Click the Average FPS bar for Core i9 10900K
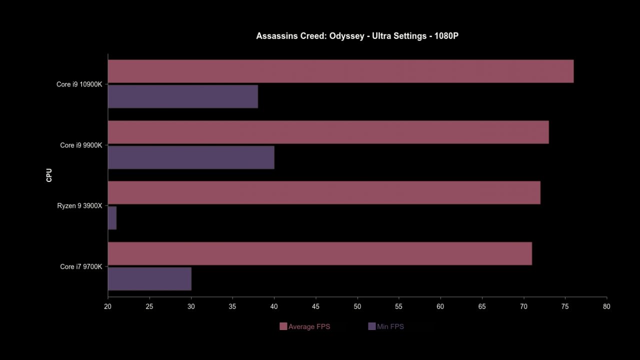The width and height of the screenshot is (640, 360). [x=340, y=71]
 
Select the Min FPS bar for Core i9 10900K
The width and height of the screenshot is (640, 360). [x=183, y=96]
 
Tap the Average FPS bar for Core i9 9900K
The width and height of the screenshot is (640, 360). [x=328, y=132]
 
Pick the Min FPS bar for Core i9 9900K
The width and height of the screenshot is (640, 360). [x=191, y=157]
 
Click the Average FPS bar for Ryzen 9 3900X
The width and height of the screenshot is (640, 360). [x=324, y=193]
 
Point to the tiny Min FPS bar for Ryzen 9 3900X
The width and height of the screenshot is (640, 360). [x=112, y=218]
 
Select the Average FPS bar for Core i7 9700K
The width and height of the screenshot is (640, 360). [x=320, y=253]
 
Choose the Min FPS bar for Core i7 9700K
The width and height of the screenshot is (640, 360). [x=149, y=279]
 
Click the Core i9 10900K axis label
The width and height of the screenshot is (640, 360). [x=79, y=84]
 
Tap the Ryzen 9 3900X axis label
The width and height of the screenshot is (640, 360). [x=79, y=206]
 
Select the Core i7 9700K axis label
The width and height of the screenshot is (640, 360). [x=81, y=267]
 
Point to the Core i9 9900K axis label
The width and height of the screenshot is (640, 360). [x=81, y=145]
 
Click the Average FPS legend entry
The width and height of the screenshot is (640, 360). [x=305, y=327]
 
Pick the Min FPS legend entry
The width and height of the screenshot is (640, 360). [x=386, y=327]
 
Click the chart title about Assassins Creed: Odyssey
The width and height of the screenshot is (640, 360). [x=357, y=36]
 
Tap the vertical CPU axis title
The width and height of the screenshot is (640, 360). [x=49, y=175]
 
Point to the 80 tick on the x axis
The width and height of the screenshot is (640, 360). [x=606, y=306]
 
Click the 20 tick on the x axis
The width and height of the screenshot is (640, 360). [x=108, y=306]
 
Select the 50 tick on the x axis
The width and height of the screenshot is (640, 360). [x=357, y=306]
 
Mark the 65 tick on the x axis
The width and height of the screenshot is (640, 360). [x=482, y=306]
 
